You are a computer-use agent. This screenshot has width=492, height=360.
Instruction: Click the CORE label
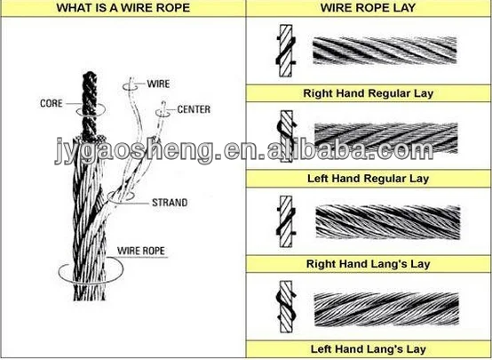(52, 103)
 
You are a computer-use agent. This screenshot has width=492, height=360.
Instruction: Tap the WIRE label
(158, 84)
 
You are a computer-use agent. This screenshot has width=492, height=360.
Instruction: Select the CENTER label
(194, 109)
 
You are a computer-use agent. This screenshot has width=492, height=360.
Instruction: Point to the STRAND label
(170, 203)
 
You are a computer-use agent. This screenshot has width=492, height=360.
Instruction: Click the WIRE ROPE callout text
(141, 251)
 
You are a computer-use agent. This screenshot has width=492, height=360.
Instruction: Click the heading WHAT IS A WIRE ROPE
(123, 8)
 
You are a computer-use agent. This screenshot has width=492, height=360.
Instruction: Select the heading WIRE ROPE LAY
(368, 7)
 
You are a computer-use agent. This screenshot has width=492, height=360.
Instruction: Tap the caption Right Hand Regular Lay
(368, 93)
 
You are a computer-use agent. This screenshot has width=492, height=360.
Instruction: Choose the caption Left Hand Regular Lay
(368, 179)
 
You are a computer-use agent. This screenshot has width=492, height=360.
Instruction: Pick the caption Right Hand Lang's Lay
(368, 264)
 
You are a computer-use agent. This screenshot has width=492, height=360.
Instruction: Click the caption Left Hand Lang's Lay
(368, 349)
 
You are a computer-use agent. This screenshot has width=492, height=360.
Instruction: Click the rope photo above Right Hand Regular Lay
(385, 51)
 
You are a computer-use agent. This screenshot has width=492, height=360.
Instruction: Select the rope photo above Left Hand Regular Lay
(386, 138)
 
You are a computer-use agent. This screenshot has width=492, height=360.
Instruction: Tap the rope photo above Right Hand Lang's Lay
(388, 222)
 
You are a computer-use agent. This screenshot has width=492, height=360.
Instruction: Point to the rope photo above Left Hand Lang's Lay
(386, 309)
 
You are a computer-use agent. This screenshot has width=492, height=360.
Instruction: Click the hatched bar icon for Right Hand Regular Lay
(286, 51)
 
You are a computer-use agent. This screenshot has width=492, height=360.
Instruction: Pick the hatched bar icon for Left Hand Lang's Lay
(286, 307)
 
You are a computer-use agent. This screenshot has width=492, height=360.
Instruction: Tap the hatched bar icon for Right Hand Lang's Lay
(286, 221)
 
